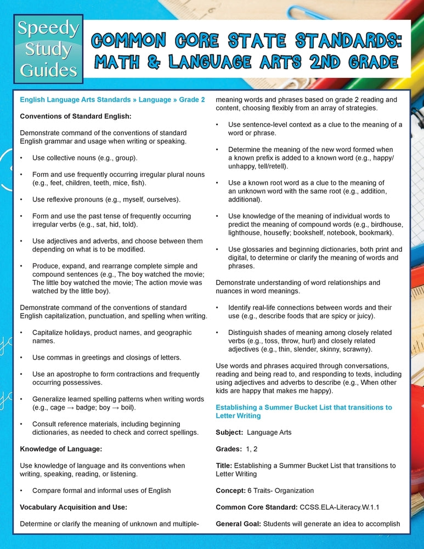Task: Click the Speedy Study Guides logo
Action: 48,50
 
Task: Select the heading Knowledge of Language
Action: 61,449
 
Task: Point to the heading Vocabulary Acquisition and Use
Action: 74,507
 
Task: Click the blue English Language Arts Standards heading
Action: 112,100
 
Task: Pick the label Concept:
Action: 231,491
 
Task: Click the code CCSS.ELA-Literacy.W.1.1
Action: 341,507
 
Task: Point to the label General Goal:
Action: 238,524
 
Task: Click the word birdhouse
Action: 386,225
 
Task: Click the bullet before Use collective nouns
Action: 21,158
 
